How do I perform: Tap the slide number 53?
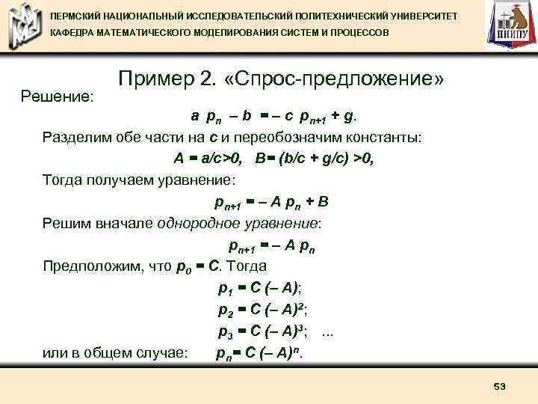(x=500, y=386)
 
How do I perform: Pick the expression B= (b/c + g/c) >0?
(x=314, y=159)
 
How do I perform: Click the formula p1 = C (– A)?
(x=259, y=287)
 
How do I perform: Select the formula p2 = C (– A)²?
(x=263, y=309)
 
